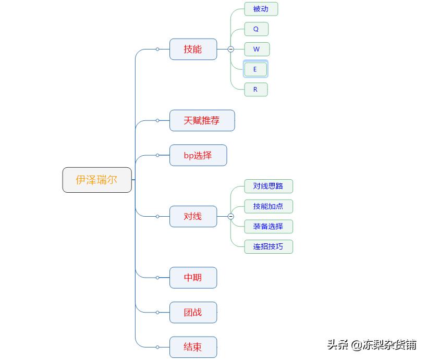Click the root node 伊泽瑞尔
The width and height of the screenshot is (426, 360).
97,180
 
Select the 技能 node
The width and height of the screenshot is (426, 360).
193,49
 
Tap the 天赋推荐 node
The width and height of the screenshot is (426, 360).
202,120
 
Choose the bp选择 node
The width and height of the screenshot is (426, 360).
198,155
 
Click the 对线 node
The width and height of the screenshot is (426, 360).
193,216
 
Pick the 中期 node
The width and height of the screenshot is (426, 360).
193,278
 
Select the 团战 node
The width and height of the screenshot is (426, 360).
193,312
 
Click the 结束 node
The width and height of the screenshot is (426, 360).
193,347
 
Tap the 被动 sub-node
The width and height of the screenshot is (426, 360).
261,9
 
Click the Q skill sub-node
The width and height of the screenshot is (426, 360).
256,29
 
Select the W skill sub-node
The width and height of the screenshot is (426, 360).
257,49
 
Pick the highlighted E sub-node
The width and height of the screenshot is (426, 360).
255,69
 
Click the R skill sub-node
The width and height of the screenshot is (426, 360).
255,89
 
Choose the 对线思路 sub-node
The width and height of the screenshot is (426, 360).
268,186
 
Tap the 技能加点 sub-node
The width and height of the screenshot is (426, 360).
268,206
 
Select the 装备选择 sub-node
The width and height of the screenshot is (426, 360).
268,226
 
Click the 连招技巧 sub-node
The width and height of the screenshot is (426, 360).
268,246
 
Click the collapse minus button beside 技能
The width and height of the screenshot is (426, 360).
230,49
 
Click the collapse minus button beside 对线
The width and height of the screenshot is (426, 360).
230,216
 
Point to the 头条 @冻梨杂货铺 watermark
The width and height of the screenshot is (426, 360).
372,344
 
